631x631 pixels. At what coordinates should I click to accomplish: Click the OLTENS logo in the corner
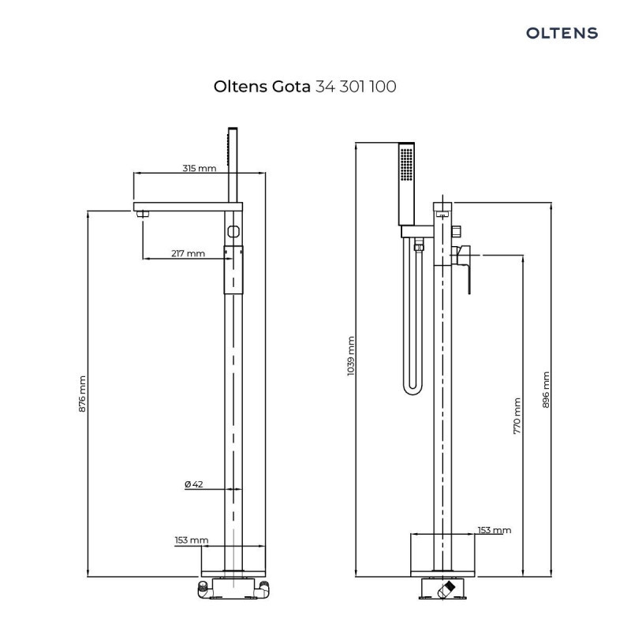pyautogui.click(x=562, y=33)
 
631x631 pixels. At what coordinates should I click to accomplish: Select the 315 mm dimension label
pyautogui.click(x=199, y=168)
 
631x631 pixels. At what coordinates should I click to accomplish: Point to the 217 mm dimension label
pyautogui.click(x=188, y=253)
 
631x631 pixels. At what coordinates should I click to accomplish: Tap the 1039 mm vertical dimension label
pyautogui.click(x=351, y=356)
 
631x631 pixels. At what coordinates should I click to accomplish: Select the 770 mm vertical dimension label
pyautogui.click(x=517, y=416)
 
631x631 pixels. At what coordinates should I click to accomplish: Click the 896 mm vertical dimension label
pyautogui.click(x=546, y=390)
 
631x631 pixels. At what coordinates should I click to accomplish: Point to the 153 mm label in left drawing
pyautogui.click(x=192, y=540)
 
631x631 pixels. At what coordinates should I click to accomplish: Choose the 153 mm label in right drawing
pyautogui.click(x=495, y=530)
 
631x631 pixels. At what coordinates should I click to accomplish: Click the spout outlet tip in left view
pyautogui.click(x=142, y=214)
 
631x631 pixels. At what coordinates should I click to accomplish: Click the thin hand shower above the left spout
pyautogui.click(x=232, y=162)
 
